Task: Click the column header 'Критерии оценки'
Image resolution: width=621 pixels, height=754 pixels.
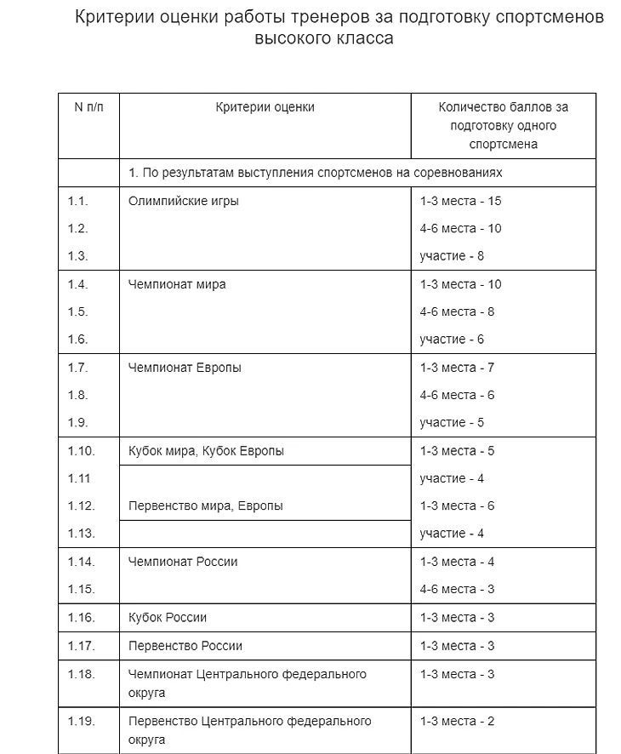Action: click(265, 107)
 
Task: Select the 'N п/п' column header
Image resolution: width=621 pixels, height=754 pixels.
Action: click(88, 107)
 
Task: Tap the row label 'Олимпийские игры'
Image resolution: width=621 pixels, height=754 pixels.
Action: click(183, 202)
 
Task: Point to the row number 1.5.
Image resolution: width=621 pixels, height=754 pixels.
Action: click(78, 311)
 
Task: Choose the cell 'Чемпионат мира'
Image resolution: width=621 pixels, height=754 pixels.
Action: click(177, 284)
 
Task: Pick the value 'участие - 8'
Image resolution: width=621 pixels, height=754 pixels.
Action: click(452, 256)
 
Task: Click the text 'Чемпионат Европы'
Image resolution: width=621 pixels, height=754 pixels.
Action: click(185, 368)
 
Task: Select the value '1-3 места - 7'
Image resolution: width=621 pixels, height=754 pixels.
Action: click(457, 368)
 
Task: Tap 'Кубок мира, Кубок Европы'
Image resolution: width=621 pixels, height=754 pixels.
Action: click(206, 451)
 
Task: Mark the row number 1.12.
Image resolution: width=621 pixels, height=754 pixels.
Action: click(81, 506)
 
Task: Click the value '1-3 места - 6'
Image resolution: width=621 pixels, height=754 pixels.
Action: click(457, 506)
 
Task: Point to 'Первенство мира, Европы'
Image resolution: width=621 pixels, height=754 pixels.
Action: click(205, 506)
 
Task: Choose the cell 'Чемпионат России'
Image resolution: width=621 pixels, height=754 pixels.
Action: click(183, 562)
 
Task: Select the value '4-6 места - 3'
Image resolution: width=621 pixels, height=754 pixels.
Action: click(457, 589)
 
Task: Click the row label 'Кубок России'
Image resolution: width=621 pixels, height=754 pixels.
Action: click(168, 617)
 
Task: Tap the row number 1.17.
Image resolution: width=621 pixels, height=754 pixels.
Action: click(81, 645)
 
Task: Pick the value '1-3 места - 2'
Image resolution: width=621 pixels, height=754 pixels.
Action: click(457, 722)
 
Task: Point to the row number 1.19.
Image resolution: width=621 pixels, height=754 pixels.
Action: click(81, 722)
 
